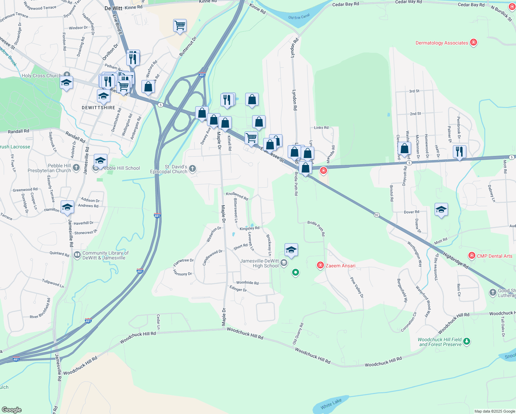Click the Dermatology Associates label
point(441,43)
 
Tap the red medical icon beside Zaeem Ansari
point(320,265)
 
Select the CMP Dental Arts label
point(494,256)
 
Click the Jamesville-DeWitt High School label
point(259,263)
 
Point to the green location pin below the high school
point(295,273)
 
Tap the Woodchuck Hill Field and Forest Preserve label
point(439,342)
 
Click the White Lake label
point(331,404)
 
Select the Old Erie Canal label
point(299,17)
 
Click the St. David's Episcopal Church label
point(169,169)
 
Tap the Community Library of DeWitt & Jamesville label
point(105,255)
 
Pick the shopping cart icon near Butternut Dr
point(180,25)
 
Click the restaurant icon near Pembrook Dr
point(459,151)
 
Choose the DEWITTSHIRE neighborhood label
point(98,108)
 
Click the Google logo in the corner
point(11,410)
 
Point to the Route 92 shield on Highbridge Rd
point(376,215)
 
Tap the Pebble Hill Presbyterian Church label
point(49,168)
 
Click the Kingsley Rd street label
point(249,228)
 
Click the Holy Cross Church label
point(41,76)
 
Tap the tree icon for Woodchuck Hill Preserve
point(467,341)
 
